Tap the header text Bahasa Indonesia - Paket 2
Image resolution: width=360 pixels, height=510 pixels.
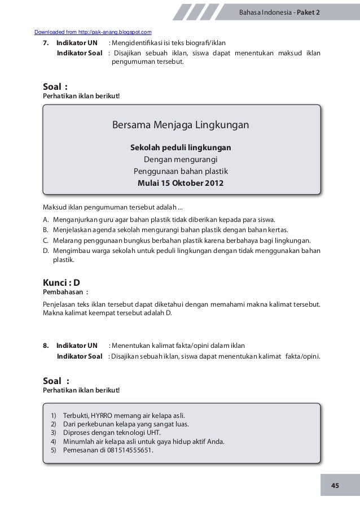[279, 11]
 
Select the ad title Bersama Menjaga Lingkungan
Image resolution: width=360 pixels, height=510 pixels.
[180, 124]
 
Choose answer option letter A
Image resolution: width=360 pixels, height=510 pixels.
[45, 220]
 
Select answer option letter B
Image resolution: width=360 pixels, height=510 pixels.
[45, 230]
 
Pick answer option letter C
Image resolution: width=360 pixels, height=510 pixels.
[45, 241]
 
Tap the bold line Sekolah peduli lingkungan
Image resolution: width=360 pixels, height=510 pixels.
[180, 147]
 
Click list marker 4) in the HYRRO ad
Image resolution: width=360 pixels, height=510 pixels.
[54, 442]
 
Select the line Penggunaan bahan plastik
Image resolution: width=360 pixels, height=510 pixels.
[180, 171]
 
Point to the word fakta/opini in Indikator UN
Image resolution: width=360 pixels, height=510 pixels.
[204, 346]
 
